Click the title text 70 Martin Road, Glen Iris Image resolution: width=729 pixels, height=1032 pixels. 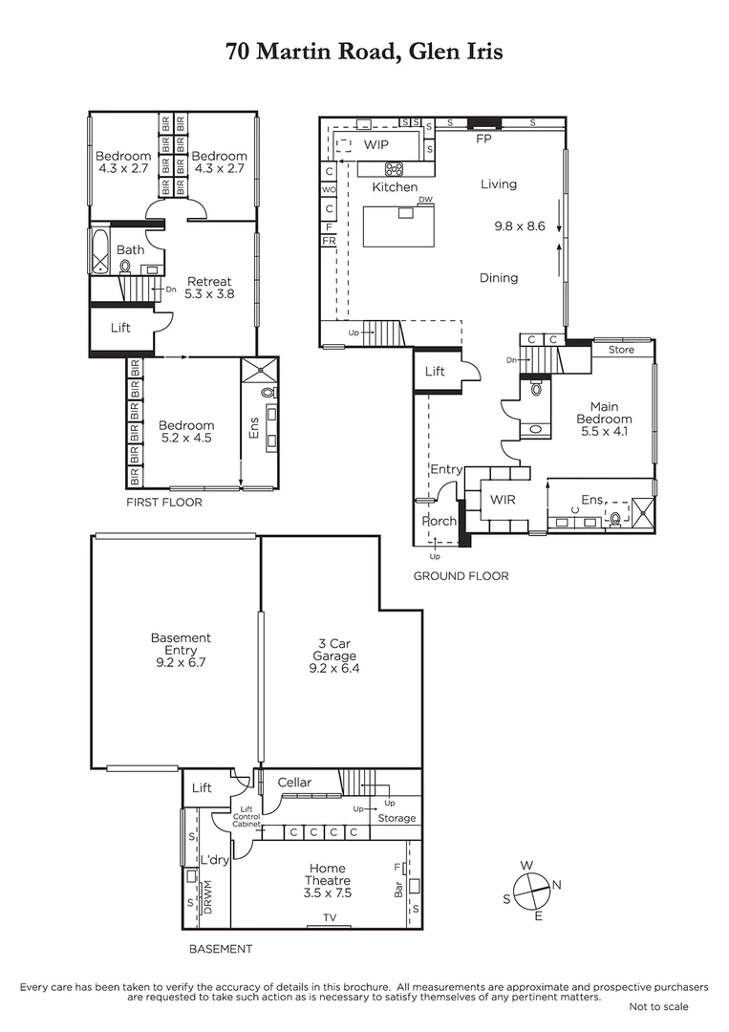[x=364, y=52]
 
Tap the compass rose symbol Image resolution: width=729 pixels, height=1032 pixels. [x=532, y=891]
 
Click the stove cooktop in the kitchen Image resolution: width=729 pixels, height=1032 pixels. [x=393, y=169]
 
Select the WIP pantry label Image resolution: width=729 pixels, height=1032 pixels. [x=375, y=145]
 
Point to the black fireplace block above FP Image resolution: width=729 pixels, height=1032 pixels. [x=483, y=121]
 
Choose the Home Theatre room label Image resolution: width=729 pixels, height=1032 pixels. [x=328, y=880]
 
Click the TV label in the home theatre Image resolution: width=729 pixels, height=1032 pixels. [x=329, y=918]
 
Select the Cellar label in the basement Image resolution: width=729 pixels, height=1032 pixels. [x=294, y=783]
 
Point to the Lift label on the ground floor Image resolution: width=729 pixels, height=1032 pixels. [x=435, y=371]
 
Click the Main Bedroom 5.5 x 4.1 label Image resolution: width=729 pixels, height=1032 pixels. [x=604, y=419]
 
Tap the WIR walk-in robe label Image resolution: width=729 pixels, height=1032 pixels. [x=503, y=500]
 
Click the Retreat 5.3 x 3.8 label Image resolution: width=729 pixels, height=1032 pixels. [x=208, y=288]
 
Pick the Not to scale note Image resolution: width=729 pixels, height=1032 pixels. [x=658, y=1006]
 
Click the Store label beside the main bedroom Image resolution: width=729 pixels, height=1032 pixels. [x=621, y=350]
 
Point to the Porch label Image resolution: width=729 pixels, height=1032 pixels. [x=439, y=522]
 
